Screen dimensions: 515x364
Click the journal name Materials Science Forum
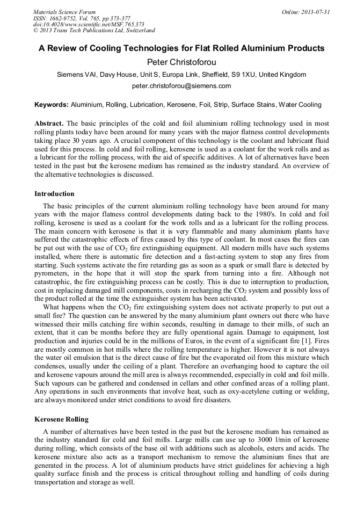(64, 11)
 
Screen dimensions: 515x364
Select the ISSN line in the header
(81, 18)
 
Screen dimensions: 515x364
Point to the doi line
(88, 24)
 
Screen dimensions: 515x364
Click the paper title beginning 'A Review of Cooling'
(181, 48)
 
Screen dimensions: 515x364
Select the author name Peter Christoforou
(181, 62)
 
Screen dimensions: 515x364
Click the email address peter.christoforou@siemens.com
(181, 85)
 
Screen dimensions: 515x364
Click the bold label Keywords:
(52, 104)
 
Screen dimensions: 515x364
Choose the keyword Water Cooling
(303, 104)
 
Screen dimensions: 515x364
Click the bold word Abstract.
(49, 123)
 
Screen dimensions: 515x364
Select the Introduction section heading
(54, 193)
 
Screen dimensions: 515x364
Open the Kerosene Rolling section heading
(61, 419)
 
